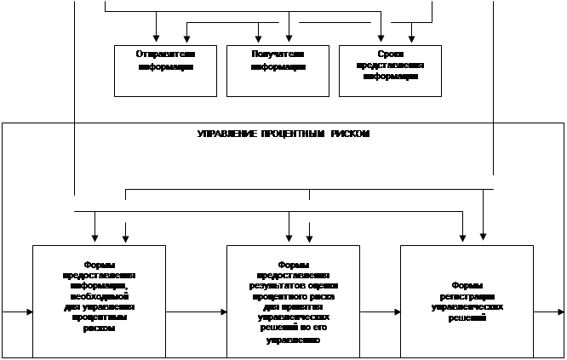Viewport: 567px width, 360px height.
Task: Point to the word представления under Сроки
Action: [x=390, y=65]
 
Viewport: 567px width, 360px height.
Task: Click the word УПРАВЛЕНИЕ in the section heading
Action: [x=222, y=134]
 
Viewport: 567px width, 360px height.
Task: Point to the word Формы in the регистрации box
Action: [x=467, y=284]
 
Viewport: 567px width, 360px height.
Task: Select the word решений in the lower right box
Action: [x=467, y=316]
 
